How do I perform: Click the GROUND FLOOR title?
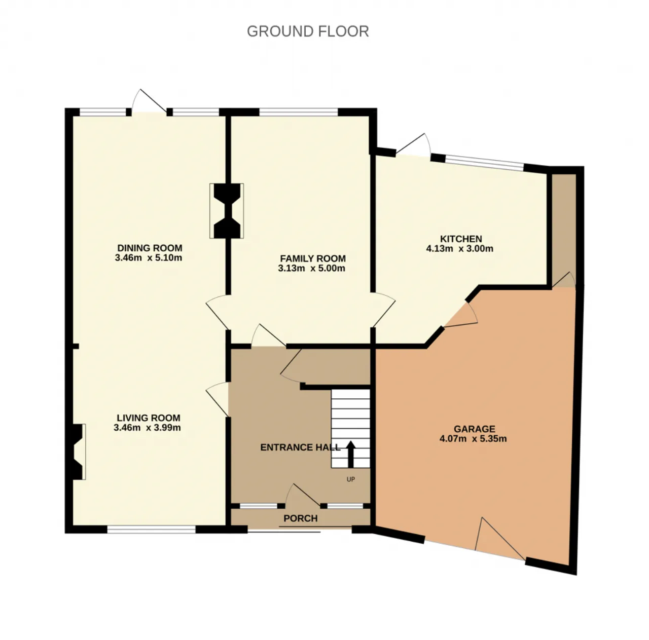point(308,31)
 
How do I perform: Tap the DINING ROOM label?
point(150,248)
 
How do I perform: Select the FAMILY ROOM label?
point(313,258)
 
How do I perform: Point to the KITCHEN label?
point(461,239)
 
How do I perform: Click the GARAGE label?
point(474,429)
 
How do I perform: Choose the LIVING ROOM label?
point(149,418)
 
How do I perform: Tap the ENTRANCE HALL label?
point(301,447)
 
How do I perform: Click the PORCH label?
point(301,518)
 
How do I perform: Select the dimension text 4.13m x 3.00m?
point(460,249)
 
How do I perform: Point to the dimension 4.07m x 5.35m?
point(473,439)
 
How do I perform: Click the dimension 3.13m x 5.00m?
point(311,269)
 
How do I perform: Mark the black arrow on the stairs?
point(350,454)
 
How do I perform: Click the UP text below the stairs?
point(350,479)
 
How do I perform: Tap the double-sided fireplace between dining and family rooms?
point(227,211)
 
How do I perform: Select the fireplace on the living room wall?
point(78,451)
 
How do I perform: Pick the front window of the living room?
point(152,530)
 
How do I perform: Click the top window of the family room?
point(299,112)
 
